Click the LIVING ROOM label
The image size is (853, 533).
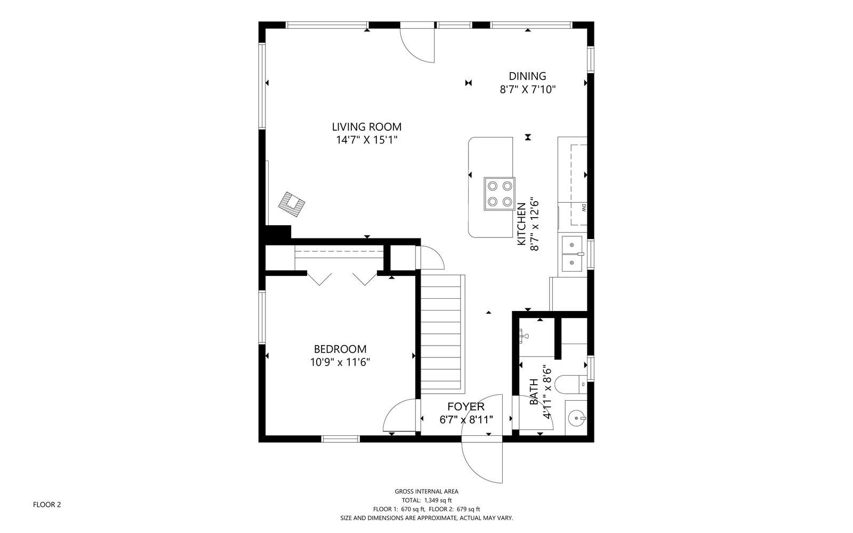tap(366, 127)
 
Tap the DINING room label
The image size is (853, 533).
tap(527, 76)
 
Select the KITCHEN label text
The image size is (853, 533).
tap(521, 224)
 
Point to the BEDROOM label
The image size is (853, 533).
tap(340, 349)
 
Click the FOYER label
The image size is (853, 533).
tap(466, 407)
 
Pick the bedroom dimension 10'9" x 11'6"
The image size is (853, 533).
tap(340, 362)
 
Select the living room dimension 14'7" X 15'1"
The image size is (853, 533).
tap(366, 140)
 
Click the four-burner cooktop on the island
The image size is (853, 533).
tap(500, 194)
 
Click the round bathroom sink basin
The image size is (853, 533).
tap(576, 418)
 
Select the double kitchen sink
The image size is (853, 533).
tap(573, 254)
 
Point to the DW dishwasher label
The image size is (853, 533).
tap(584, 208)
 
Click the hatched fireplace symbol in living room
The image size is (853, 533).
tap(292, 204)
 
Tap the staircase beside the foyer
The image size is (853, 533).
tap(442, 334)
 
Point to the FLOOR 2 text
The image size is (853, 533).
tap(47, 505)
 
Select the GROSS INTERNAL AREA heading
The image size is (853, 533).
tap(426, 491)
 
